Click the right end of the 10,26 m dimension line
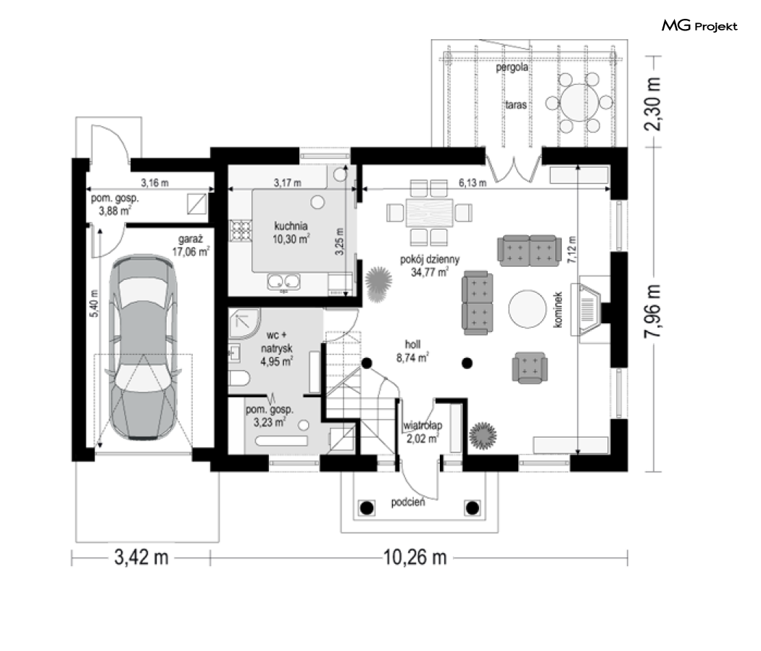tap(628, 557)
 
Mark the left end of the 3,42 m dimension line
tap(72, 557)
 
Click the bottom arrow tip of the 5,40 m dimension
tap(99, 447)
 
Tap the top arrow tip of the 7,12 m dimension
tap(578, 165)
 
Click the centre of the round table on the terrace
tap(578, 102)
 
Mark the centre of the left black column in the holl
tap(367, 363)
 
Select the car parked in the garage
tap(144, 347)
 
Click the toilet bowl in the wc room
tap(238, 378)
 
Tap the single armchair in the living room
tap(530, 368)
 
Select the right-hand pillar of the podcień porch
tap(473, 507)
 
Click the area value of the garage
tap(191, 252)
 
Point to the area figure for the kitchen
tap(291, 239)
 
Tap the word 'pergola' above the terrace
tap(512, 67)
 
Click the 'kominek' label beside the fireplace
tap(557, 310)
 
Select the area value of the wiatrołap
tap(423, 439)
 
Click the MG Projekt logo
tap(699, 25)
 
